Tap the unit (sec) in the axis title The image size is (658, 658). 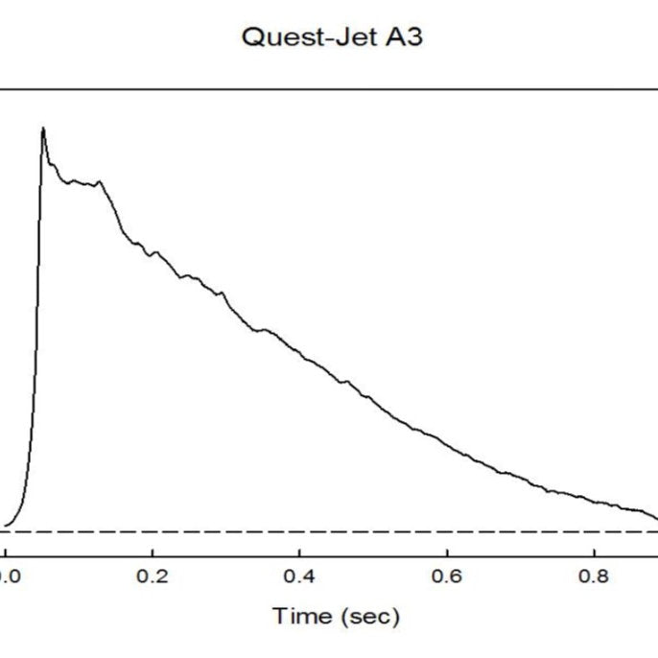370,616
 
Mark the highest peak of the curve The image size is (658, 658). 42,128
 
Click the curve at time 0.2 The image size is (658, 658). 153,251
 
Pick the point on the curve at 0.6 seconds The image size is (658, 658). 447,443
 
